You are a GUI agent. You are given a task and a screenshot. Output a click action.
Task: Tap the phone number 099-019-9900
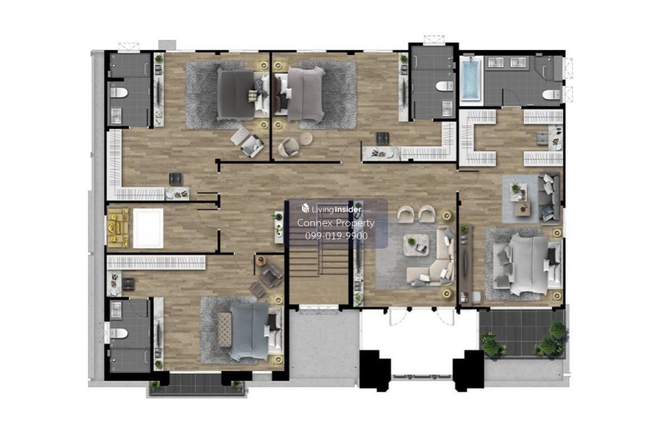(x=337, y=236)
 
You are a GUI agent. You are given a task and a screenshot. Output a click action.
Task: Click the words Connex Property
(x=336, y=223)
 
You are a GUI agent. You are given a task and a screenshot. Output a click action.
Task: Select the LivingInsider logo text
(x=337, y=209)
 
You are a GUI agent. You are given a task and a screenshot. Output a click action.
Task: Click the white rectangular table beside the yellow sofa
(x=148, y=228)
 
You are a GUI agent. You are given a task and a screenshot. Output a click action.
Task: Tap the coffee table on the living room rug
(x=416, y=245)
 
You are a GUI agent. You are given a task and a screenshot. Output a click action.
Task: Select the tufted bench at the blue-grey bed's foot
(x=225, y=329)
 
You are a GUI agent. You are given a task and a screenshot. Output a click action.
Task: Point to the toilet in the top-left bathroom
(x=119, y=93)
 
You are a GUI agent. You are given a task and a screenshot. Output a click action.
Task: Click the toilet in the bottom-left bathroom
(x=119, y=333)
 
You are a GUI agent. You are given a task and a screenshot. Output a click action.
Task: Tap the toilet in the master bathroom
(x=552, y=95)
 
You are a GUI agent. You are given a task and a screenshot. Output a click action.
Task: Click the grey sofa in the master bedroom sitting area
(x=549, y=198)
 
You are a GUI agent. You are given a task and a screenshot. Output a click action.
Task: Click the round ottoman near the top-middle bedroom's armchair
(x=306, y=138)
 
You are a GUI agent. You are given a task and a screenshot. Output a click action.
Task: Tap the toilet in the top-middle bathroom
(x=445, y=86)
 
